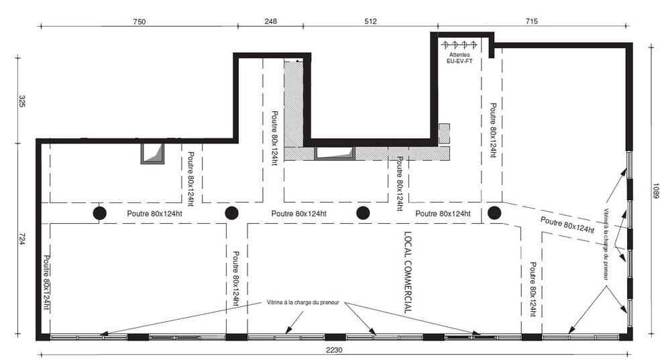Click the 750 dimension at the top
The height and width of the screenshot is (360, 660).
140,22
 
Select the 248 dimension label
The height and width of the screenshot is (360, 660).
271,21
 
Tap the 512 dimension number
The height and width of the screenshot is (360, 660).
370,21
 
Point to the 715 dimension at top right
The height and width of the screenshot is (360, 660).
532,21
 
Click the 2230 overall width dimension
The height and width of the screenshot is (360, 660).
334,350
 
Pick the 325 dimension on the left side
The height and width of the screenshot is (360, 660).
21,101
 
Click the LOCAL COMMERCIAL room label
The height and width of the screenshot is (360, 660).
408,273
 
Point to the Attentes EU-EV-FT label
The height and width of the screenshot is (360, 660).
459,58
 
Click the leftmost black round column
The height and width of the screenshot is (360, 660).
99,213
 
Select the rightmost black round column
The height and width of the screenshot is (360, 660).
494,213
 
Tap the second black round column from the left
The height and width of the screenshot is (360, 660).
231,213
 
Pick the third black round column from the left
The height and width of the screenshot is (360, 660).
363,213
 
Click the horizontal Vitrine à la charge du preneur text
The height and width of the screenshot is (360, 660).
302,302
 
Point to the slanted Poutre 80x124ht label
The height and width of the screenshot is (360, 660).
567,225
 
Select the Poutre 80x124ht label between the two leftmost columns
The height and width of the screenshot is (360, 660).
154,214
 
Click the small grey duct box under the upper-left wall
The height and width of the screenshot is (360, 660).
152,154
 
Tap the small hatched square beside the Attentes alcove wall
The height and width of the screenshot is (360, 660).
444,133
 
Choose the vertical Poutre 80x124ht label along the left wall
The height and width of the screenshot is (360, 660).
47,283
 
